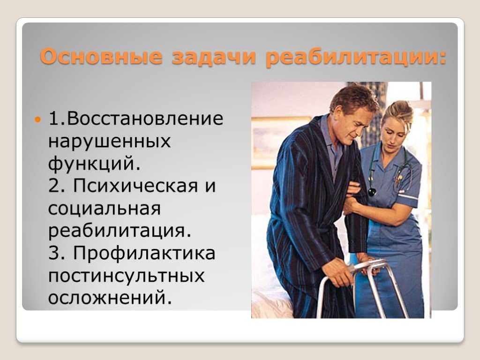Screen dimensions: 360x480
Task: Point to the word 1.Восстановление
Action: coord(135,118)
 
